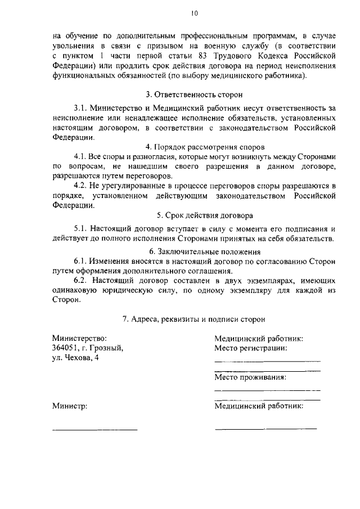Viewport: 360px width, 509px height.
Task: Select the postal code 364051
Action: [x=66, y=348]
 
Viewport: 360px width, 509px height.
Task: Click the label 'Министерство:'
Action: [x=79, y=338]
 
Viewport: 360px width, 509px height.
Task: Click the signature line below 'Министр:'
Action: [x=94, y=429]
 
